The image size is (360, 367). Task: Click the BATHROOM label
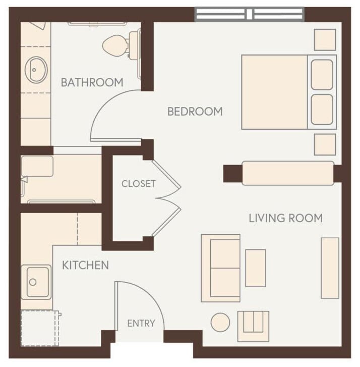92,82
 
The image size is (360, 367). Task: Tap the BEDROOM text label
195,112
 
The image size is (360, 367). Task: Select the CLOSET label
138,184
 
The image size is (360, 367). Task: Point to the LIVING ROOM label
285,218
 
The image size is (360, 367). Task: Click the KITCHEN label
85,265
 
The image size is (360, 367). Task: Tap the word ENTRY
141,323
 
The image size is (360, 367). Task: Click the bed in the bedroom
275,92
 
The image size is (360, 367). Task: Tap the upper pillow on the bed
322,74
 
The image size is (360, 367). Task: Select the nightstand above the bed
325,39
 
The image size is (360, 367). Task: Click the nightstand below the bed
325,144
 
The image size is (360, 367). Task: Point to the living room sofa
221,268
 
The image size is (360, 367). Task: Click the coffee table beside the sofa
255,268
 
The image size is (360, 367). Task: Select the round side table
220,323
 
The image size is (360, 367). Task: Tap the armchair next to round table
253,326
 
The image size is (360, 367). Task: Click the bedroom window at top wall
250,14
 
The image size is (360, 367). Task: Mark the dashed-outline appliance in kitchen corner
39,329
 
